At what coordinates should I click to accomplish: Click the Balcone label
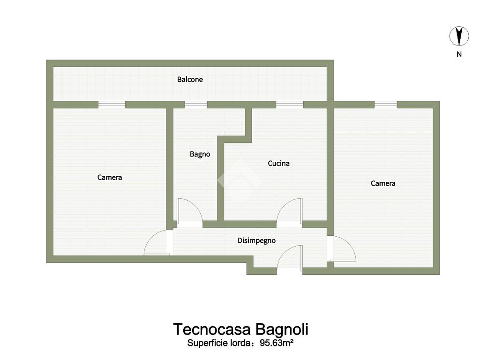tap(190, 79)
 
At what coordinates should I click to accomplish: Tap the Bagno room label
tap(200, 154)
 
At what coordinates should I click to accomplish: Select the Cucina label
tap(278, 163)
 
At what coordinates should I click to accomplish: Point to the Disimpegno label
tap(256, 240)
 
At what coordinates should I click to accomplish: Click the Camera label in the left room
tap(110, 177)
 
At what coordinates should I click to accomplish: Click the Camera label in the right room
tap(383, 183)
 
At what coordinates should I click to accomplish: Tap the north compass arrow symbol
tap(459, 36)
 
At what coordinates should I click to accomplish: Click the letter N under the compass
tap(459, 54)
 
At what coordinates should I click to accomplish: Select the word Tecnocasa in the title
tap(212, 330)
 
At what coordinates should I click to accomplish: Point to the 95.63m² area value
tap(277, 343)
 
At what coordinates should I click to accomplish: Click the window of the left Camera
tap(112, 105)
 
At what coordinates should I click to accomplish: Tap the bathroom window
tap(196, 105)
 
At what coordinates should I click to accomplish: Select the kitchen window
tap(290, 105)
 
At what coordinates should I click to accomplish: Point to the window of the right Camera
tap(386, 105)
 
